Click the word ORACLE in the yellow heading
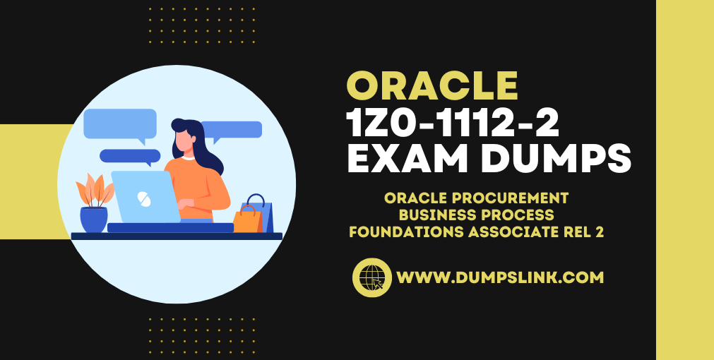(x=432, y=87)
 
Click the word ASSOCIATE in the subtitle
(x=514, y=232)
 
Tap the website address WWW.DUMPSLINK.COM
(x=500, y=277)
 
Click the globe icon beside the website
(x=372, y=277)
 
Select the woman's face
(x=185, y=142)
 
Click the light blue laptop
(x=145, y=197)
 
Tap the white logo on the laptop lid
(x=145, y=198)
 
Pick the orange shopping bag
(x=247, y=220)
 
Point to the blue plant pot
(x=94, y=220)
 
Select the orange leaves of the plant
(x=95, y=191)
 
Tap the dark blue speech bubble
(x=130, y=157)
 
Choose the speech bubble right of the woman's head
(x=232, y=131)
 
